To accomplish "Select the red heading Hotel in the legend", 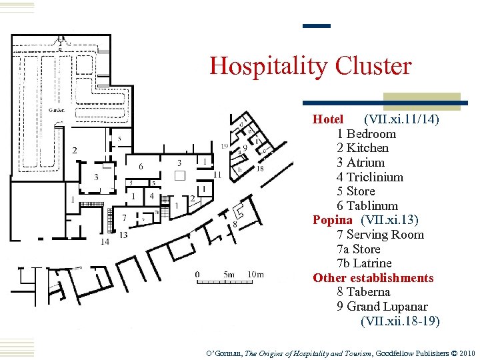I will (328, 119).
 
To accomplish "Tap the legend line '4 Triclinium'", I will (370, 177).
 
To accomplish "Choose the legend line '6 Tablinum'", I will (367, 206).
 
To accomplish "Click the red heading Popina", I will (332, 220).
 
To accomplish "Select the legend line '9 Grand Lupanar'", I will (382, 307).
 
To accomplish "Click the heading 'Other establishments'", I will (373, 278).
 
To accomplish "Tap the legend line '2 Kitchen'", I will (363, 148).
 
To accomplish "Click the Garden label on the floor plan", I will (56, 110).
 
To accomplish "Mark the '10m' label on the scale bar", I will (255, 274).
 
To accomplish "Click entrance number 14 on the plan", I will (105, 241).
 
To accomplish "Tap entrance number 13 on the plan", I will (123, 234).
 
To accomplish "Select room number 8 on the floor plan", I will (235, 225).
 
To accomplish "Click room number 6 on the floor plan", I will (141, 166).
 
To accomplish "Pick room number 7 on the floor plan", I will (124, 217).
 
